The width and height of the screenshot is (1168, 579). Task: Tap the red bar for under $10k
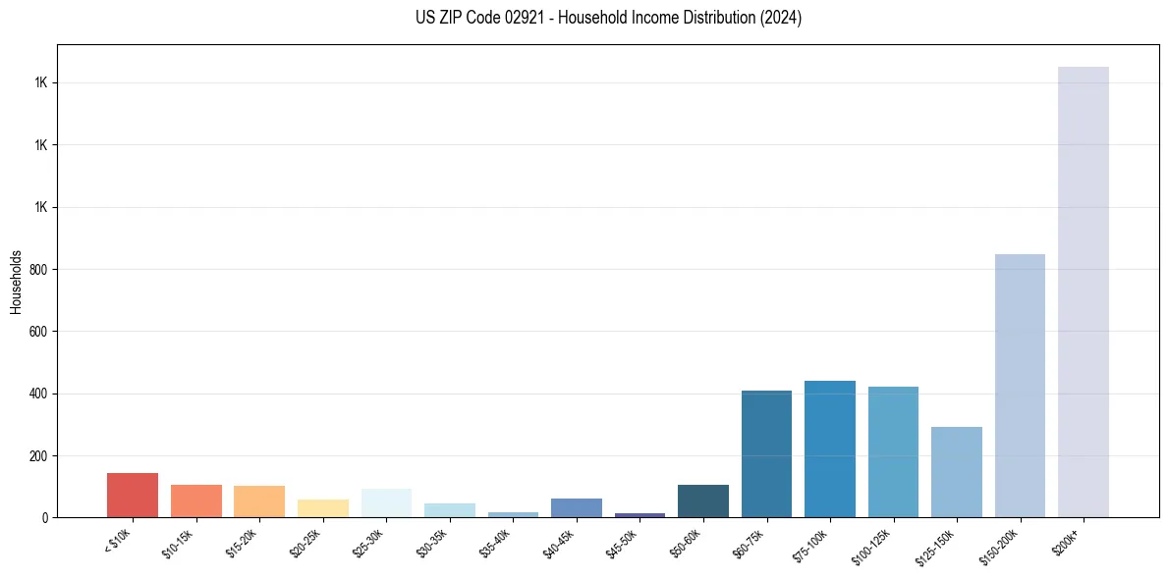pos(133,495)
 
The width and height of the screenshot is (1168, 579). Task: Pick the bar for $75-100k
pos(829,448)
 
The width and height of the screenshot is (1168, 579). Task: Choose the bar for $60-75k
pos(766,453)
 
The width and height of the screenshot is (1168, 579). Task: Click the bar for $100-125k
pos(893,451)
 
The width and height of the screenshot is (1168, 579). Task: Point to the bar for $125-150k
pos(956,472)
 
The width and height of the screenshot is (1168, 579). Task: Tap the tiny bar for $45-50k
pos(640,514)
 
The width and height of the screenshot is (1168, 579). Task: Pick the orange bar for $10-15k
pos(195,500)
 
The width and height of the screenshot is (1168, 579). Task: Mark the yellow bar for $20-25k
pos(322,508)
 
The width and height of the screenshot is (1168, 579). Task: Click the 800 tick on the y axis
pos(38,269)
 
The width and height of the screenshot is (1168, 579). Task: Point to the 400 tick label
pos(38,394)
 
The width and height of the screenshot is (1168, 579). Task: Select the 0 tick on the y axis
pos(44,518)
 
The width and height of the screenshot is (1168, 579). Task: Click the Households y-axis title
pos(16,282)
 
